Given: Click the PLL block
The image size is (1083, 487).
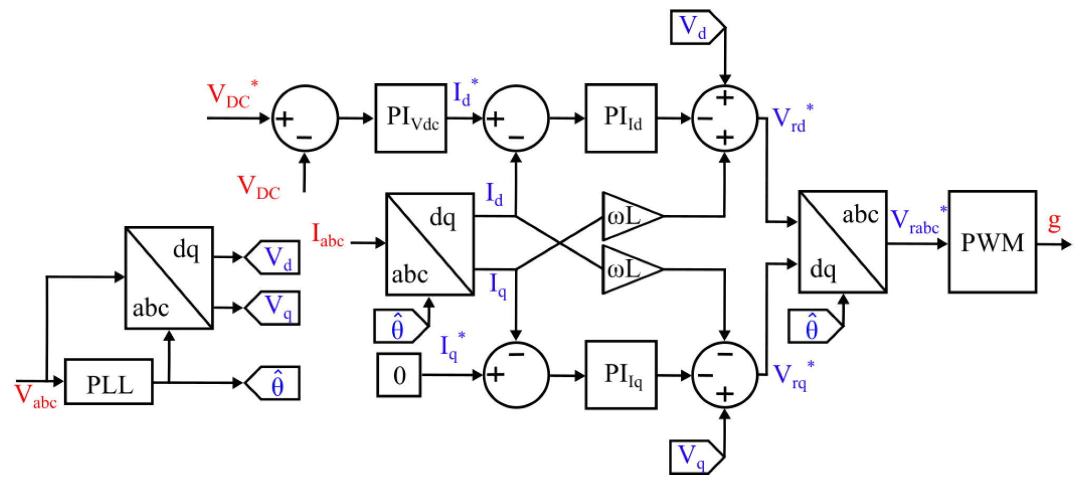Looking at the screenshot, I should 109,382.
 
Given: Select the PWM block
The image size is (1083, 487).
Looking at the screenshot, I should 992,242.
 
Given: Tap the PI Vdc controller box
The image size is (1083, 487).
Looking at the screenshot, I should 411,118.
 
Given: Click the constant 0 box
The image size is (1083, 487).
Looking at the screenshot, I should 399,375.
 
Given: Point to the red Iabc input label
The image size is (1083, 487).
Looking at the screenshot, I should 327,235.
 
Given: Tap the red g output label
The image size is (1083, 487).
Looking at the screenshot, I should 1054,221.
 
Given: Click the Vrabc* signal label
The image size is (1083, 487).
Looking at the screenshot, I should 918,221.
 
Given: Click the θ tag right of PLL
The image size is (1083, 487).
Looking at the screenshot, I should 274,383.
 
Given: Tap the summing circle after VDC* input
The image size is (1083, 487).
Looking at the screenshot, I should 305,119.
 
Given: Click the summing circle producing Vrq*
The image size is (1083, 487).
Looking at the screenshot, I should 725,375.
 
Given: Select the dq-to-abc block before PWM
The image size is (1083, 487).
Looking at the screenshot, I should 842,242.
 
